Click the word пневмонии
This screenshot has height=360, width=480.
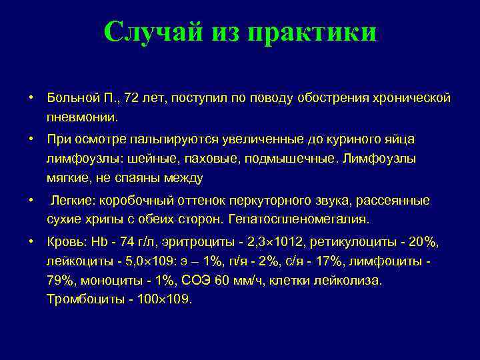pos(82,117)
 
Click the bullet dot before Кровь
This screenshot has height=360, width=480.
pos(31,241)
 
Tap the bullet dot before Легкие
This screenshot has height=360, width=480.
pos(31,200)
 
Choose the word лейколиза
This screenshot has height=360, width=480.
pos(349,280)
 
